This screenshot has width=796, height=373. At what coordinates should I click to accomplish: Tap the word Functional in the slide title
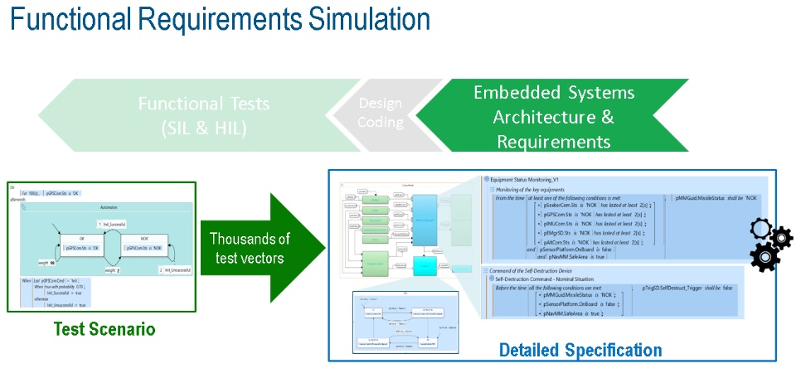[78, 22]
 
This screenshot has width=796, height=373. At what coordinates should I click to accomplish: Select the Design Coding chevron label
[380, 114]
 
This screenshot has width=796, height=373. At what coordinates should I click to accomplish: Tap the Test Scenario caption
[104, 329]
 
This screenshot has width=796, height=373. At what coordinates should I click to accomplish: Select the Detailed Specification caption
[580, 350]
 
